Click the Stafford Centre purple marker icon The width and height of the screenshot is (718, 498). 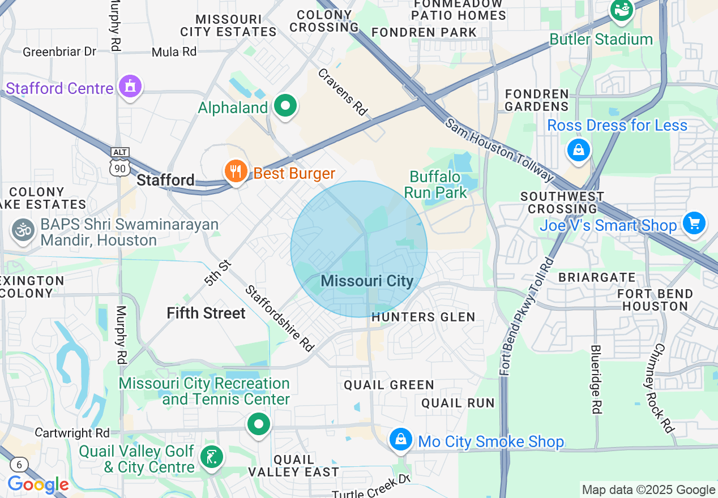point(131,87)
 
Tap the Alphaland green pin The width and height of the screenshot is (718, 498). point(285,105)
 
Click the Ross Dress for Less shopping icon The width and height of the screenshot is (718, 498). point(579,150)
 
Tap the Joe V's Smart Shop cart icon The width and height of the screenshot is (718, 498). point(694,223)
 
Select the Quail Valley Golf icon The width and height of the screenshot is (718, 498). point(212,457)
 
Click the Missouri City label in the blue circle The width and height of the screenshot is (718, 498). point(367,281)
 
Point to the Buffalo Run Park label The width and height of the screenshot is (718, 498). point(435,184)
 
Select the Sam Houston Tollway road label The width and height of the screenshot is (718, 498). point(498,150)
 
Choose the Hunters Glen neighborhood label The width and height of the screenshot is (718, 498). point(423,317)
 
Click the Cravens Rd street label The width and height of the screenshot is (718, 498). point(343,92)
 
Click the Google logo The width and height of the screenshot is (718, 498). point(37,484)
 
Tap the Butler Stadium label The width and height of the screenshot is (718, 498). point(601,39)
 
